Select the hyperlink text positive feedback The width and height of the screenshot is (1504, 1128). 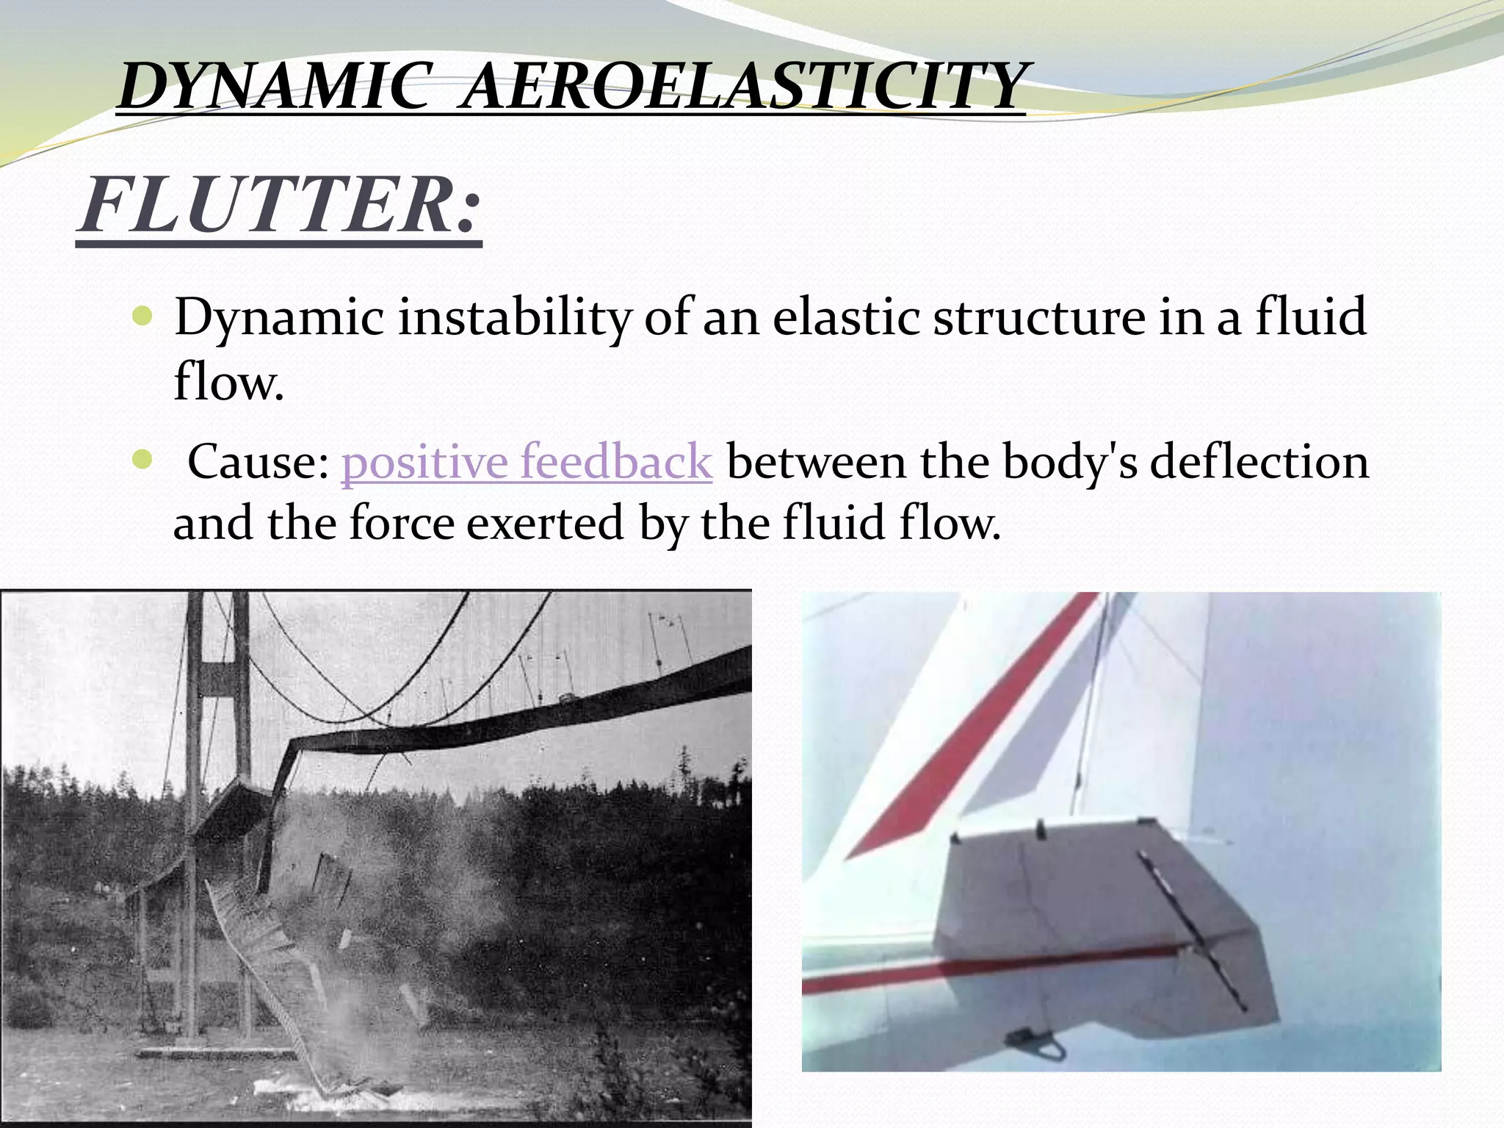coord(527,462)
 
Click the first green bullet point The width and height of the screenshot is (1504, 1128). coord(142,317)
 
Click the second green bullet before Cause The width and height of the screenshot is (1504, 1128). coord(142,460)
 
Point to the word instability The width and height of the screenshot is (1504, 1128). coord(514,318)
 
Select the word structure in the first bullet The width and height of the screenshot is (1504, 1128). coord(1038,318)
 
